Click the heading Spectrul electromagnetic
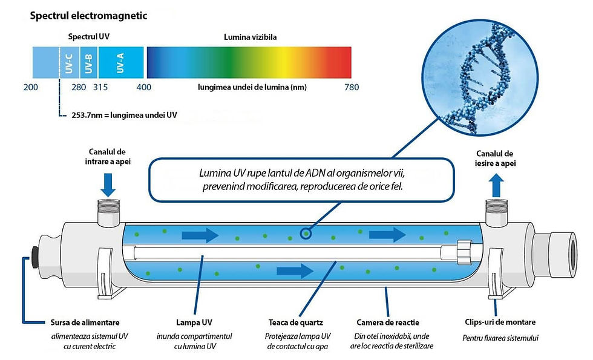[88, 16]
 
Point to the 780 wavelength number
[352, 87]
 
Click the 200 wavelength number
[30, 87]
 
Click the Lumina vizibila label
[250, 37]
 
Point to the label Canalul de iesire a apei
[494, 158]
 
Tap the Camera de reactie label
[388, 322]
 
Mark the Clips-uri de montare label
[499, 322]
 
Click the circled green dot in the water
[306, 232]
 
